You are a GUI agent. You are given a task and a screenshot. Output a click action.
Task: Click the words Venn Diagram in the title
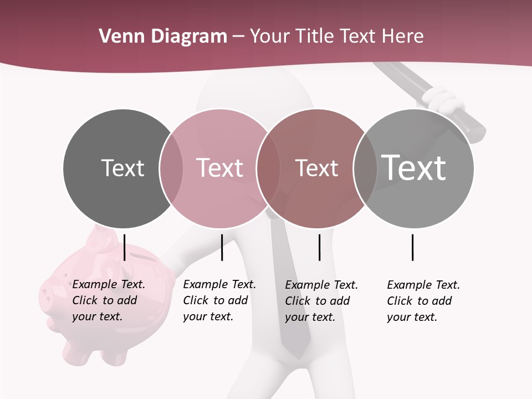point(163,37)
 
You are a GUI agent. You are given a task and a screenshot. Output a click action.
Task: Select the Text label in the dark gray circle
point(122,168)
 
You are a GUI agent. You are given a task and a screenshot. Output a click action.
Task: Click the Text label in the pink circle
point(219,168)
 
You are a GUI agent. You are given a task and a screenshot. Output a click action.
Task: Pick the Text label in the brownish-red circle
point(316,168)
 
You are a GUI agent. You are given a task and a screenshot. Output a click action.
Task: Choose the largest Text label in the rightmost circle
point(413,167)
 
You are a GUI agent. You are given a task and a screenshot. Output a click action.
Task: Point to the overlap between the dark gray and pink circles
point(171,168)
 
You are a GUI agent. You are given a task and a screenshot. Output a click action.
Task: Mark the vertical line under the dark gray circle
point(125,247)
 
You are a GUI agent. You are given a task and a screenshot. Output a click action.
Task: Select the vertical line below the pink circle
point(222,247)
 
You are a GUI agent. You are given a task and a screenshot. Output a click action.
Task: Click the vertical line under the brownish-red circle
point(319,247)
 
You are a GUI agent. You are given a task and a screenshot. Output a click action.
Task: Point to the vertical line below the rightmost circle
point(412,247)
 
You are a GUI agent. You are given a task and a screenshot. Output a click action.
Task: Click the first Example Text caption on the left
point(108,300)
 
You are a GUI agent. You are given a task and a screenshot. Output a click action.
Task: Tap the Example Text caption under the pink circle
point(219,300)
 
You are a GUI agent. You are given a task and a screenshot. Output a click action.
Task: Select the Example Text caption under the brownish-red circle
point(321,301)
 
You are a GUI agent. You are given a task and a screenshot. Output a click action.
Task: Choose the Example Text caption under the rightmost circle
point(423,301)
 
